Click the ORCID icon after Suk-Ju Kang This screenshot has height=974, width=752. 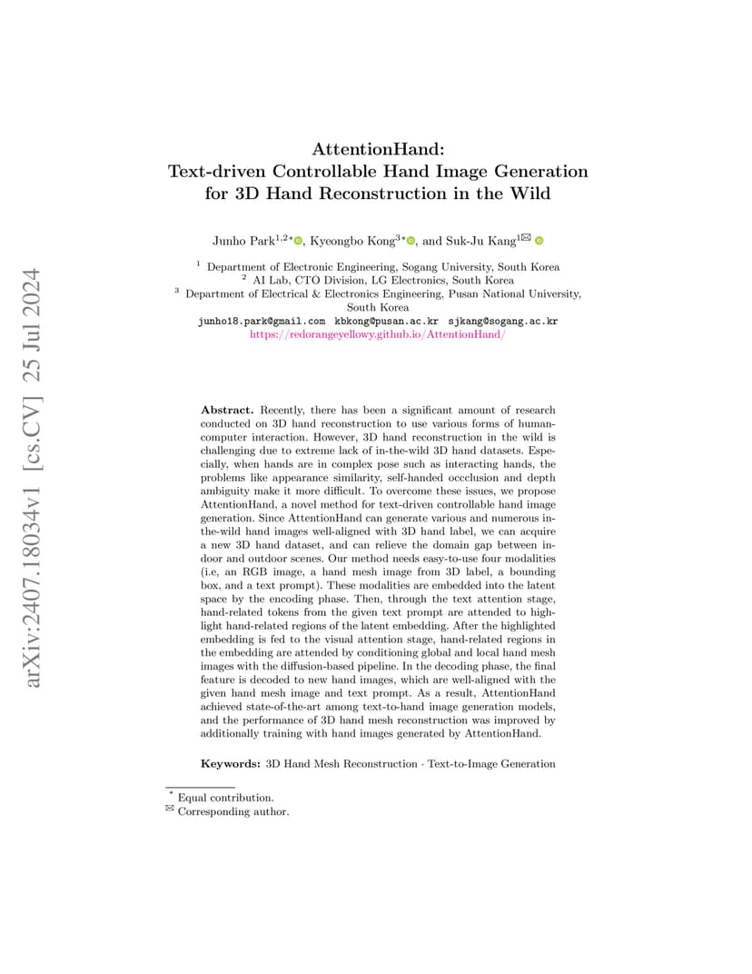(x=539, y=241)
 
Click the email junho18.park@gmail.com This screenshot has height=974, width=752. (x=262, y=322)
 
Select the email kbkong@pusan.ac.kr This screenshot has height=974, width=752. (x=387, y=322)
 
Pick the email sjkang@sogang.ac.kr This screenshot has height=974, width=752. (x=503, y=322)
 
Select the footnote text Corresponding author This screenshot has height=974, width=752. (x=233, y=811)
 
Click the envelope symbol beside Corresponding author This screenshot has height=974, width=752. (x=169, y=810)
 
